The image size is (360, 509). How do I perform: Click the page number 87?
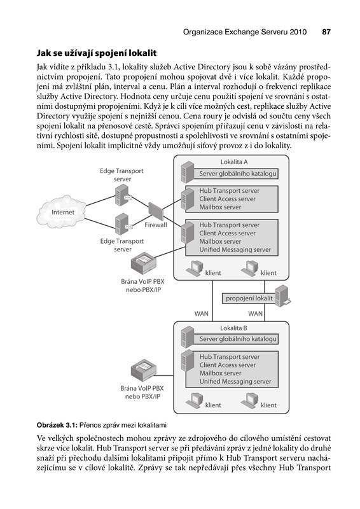click(326, 32)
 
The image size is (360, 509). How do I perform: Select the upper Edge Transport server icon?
click(123, 195)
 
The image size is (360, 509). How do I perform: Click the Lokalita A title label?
click(233, 162)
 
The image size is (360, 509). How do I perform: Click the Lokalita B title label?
click(233, 328)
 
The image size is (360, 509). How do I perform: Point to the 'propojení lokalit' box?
click(249, 298)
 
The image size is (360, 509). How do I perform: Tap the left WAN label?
click(201, 314)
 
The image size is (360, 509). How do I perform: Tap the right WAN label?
click(255, 314)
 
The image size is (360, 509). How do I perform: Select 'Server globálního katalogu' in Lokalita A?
click(238, 174)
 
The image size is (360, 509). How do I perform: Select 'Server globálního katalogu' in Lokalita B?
click(238, 339)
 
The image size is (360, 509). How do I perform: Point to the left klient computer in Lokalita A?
click(194, 268)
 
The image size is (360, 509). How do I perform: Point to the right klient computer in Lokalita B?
click(249, 401)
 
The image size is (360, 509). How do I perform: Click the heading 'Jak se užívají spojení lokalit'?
click(97, 53)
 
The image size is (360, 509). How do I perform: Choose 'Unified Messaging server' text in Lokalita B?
click(235, 381)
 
